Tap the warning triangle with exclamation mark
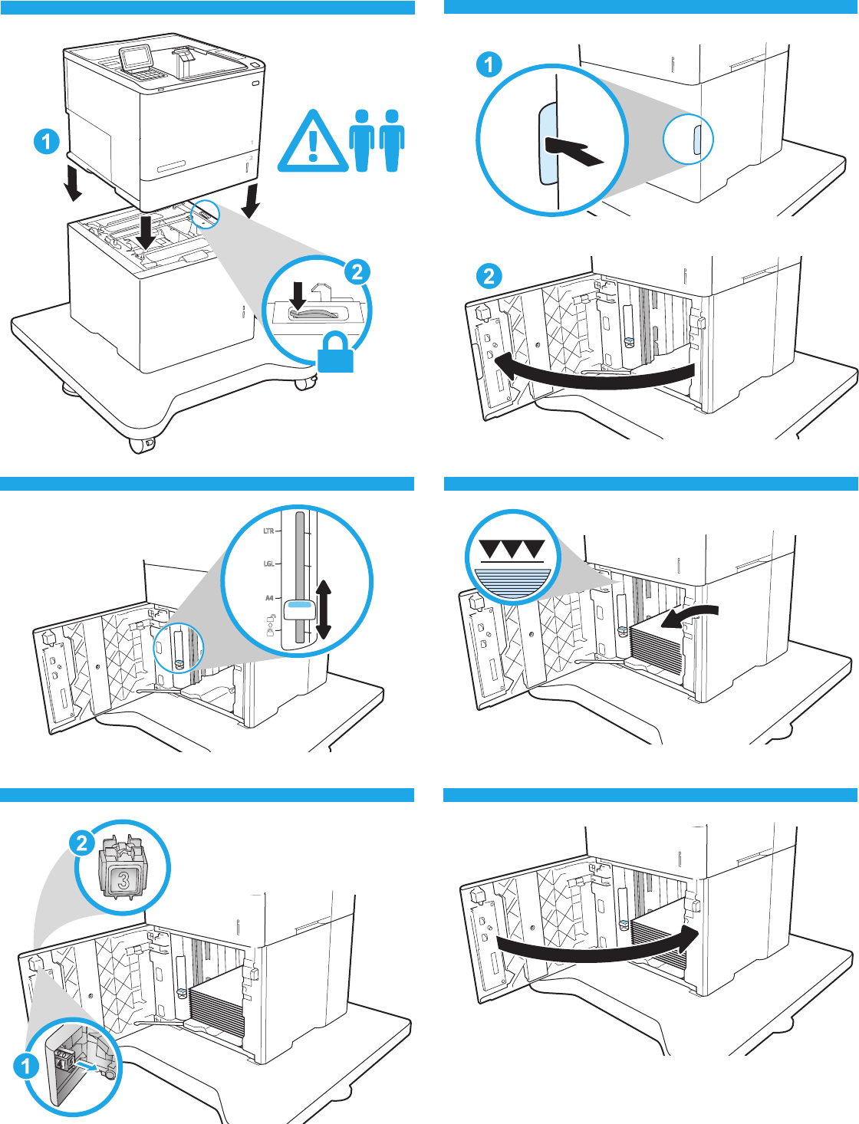pyautogui.click(x=312, y=143)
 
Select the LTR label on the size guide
pyautogui.click(x=268, y=531)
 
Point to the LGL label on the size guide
pyautogui.click(x=268, y=564)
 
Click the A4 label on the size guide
pyautogui.click(x=269, y=598)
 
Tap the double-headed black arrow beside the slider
pyautogui.click(x=323, y=610)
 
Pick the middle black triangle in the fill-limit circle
pyautogui.click(x=512, y=549)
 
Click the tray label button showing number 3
pyautogui.click(x=123, y=879)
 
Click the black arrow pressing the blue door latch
pyautogui.click(x=574, y=150)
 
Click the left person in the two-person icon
pyautogui.click(x=362, y=140)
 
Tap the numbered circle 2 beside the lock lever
pyautogui.click(x=357, y=271)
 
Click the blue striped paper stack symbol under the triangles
pyautogui.click(x=512, y=582)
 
